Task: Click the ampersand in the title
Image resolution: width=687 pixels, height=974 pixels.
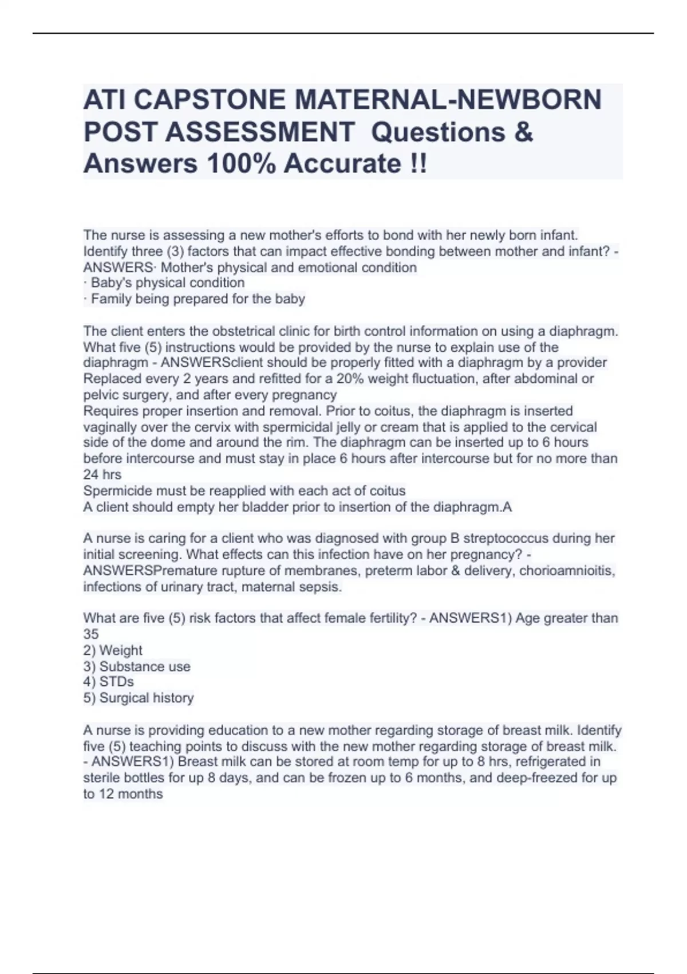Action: (x=523, y=132)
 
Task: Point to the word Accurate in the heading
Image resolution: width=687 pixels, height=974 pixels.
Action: (x=343, y=164)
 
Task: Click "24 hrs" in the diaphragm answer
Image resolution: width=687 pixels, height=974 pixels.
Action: (x=102, y=474)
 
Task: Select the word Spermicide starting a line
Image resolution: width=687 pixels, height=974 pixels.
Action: (x=117, y=491)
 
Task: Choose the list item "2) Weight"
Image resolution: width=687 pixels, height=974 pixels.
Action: (x=113, y=650)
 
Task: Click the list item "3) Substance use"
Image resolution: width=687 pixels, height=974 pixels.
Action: (x=137, y=666)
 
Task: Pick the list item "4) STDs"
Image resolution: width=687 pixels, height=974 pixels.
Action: (x=109, y=682)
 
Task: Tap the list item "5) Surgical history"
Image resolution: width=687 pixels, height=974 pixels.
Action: (x=139, y=698)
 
